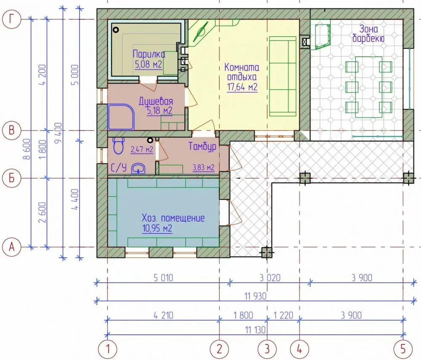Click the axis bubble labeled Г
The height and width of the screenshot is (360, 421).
tap(11, 19)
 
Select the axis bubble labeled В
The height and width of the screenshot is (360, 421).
tap(11, 131)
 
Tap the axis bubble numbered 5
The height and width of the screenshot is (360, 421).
tap(403, 349)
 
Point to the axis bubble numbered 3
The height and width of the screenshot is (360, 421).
tap(267, 349)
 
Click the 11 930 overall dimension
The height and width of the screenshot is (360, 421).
tap(256, 296)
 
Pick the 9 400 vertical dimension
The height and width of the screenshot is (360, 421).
tap(58, 133)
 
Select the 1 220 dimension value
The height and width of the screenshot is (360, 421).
tap(283, 315)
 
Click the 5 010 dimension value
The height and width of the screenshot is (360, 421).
tap(163, 278)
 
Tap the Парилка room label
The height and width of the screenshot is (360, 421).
tap(149, 54)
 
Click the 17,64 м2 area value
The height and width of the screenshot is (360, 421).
tap(242, 87)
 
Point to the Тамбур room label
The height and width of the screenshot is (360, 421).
tap(202, 146)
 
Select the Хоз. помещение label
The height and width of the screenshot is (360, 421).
tap(173, 218)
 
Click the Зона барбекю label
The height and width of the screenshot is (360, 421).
tap(368, 34)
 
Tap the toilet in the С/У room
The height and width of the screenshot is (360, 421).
tap(118, 146)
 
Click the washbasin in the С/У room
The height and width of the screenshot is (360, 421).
tap(138, 169)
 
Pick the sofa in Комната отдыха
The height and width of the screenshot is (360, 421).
tap(283, 77)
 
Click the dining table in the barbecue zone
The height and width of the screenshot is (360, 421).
tap(369, 87)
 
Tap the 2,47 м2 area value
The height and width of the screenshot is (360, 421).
tap(142, 149)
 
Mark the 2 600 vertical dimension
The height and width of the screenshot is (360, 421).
tap(43, 212)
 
